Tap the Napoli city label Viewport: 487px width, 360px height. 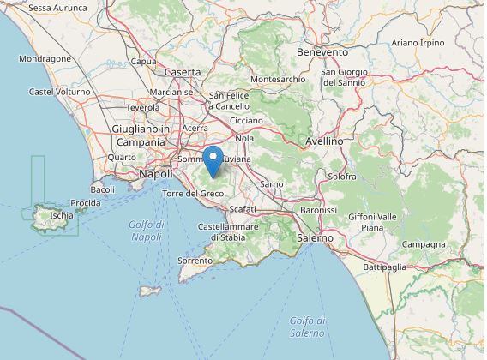click(155, 174)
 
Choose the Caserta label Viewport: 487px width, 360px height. click(182, 72)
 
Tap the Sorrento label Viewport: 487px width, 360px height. click(195, 260)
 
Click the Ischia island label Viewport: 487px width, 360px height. click(62, 216)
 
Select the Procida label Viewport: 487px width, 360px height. click(86, 203)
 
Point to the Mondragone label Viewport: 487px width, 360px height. click(45, 59)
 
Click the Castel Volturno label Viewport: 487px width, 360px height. click(60, 92)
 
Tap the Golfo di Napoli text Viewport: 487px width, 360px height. click(147, 230)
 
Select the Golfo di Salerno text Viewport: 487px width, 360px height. click(307, 327)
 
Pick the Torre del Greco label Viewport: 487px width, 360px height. click(193, 194)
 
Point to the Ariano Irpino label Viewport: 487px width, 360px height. click(418, 42)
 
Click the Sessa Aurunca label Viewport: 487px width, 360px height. click(57, 8)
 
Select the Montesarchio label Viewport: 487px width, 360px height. click(278, 79)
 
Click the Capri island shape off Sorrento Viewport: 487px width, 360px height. click(150, 291)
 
